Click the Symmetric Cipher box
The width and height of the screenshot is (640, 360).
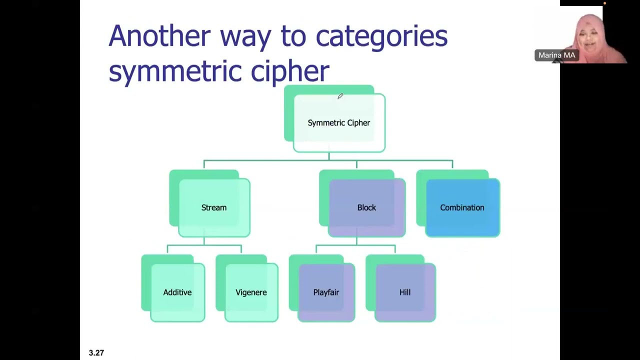coord(339,123)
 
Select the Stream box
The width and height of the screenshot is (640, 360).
coord(214,207)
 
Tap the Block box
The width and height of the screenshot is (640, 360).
coord(366,207)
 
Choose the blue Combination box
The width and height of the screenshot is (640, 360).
coord(462,207)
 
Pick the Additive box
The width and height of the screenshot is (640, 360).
coord(177,292)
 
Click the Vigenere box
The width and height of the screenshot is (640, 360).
coord(251,292)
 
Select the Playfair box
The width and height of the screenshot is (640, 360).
coord(326,292)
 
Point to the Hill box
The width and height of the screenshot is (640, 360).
coord(405,292)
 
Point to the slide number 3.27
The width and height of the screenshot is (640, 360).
coord(96,353)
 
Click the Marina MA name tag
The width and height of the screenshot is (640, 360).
coord(556,55)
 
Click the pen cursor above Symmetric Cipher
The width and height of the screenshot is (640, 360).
coord(340,96)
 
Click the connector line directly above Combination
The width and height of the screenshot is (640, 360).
coord(452,165)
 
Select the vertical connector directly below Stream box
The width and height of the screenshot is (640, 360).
coord(204,241)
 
